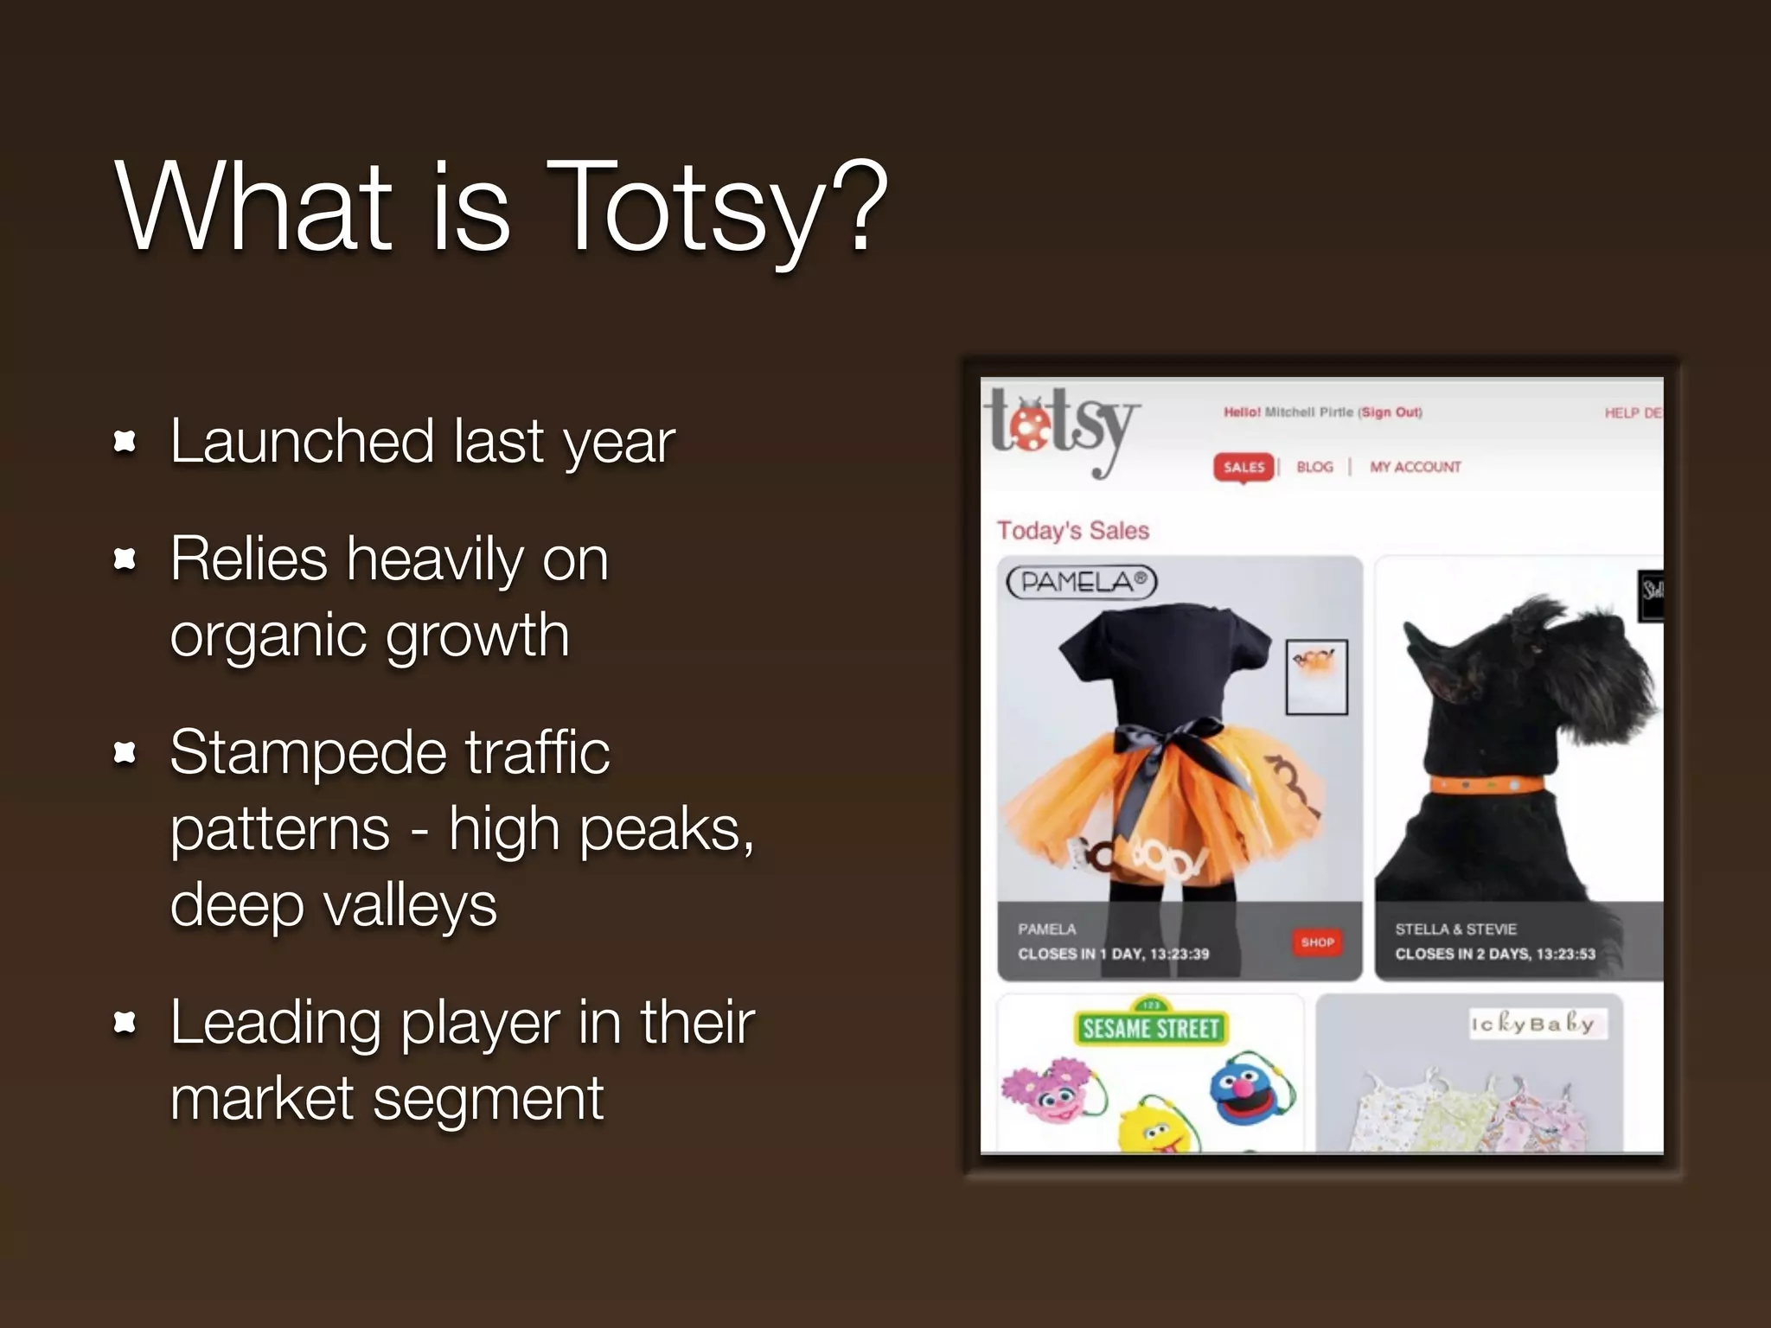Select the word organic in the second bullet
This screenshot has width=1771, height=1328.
267,635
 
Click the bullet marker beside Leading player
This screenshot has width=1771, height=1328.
125,1024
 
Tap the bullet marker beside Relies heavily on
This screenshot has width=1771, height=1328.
125,560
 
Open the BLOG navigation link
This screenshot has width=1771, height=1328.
1314,467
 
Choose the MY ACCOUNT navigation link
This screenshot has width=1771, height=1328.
1415,467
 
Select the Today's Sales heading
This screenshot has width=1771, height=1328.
1073,530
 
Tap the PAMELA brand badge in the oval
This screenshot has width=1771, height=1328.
1082,582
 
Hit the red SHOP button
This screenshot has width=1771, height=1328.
1317,942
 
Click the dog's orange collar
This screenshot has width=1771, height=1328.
1486,785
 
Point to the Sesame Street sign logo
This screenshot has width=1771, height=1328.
1150,1027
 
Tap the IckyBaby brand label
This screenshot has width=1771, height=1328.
1537,1024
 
